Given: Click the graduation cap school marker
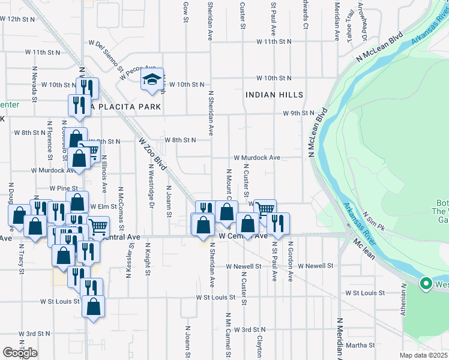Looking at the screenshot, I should (152, 79).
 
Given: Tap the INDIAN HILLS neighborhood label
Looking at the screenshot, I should (274, 95).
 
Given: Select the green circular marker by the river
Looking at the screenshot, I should (426, 283).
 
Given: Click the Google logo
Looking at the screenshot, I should (20, 353).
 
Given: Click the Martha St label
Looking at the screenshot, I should (361, 345).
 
